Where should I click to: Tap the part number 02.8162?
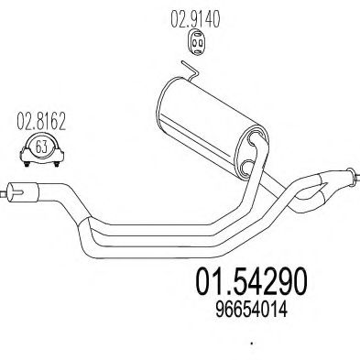[35, 117]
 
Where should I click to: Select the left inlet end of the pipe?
[9, 191]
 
